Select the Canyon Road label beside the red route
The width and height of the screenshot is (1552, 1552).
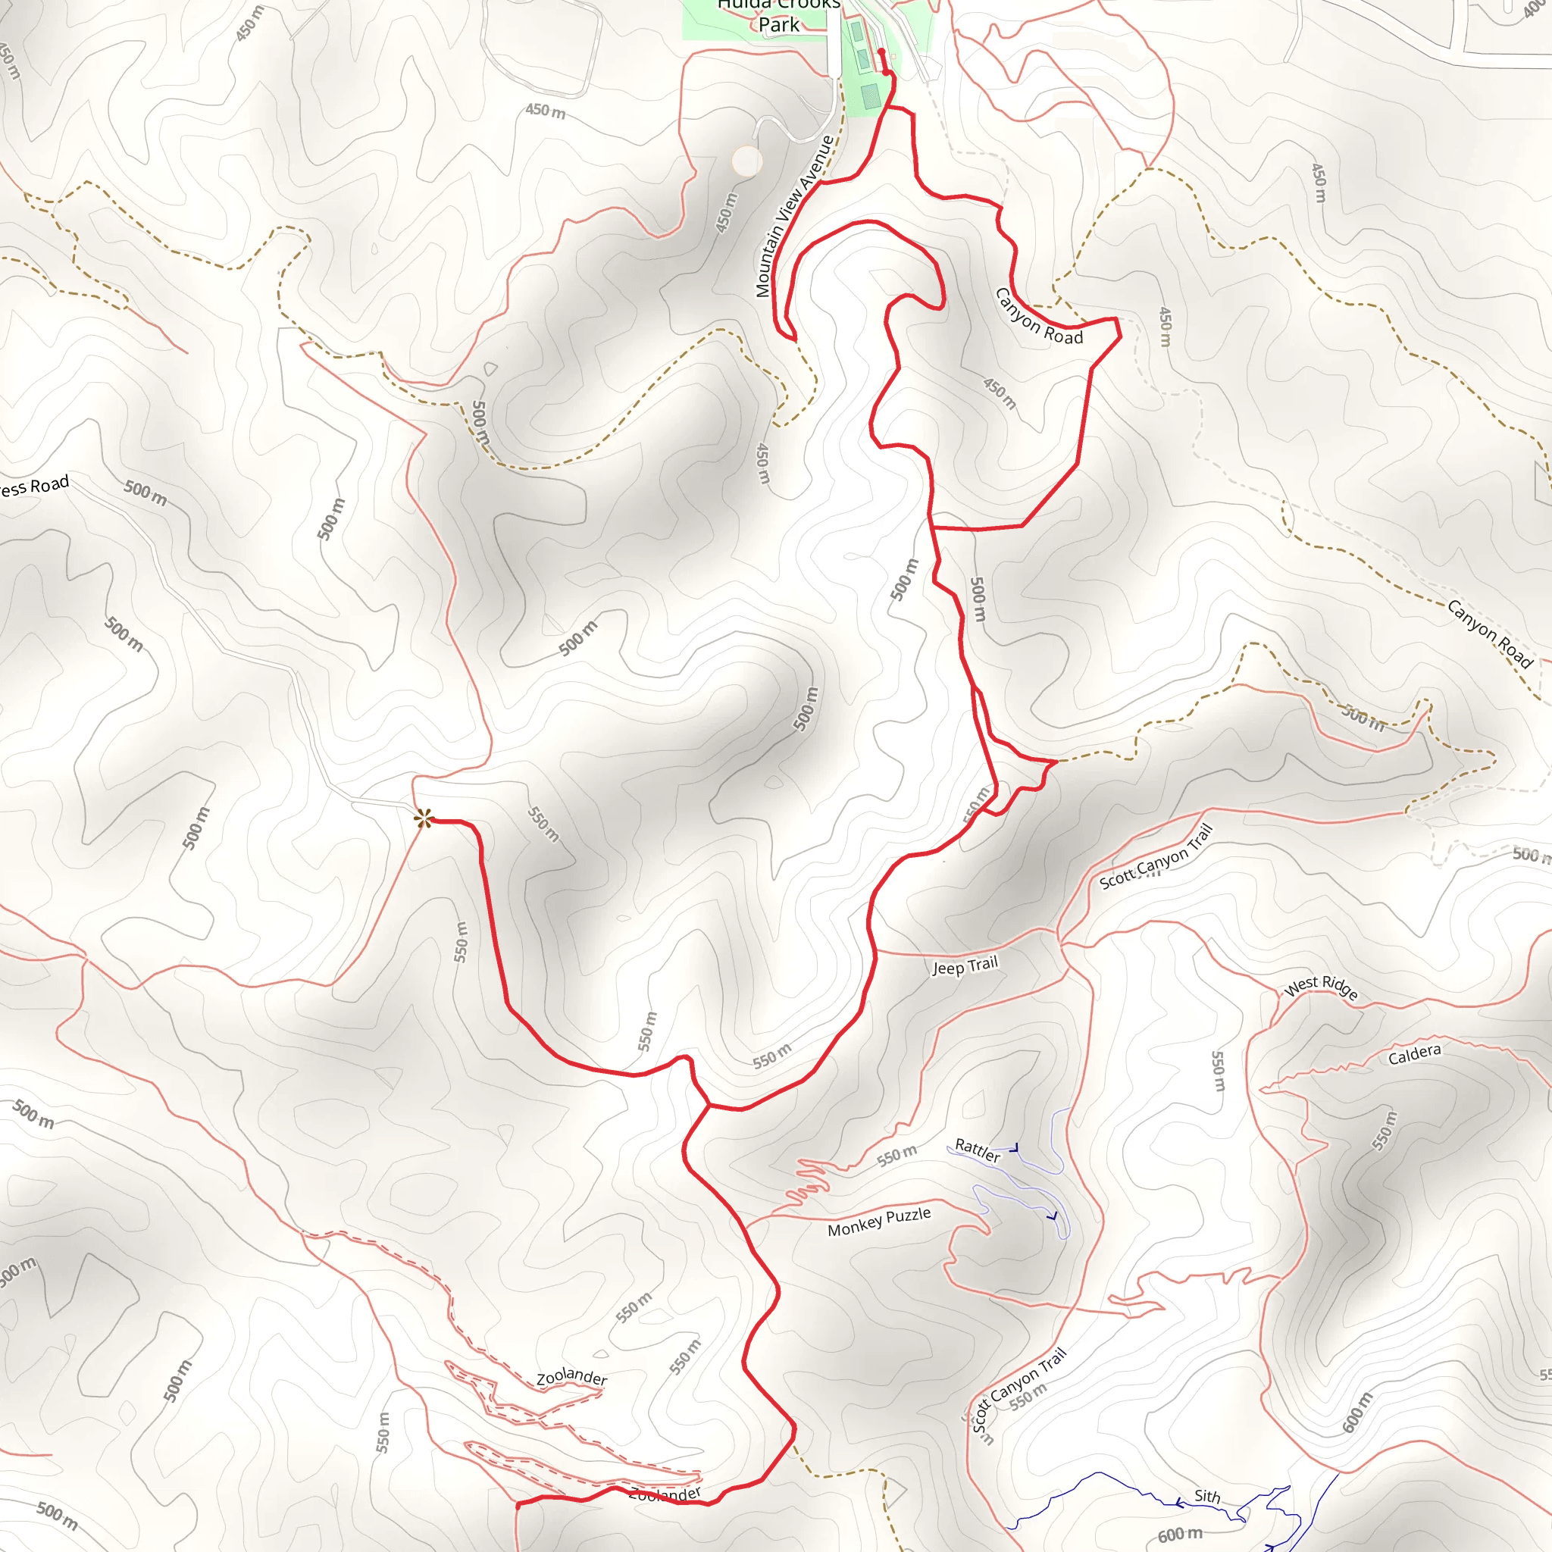click(x=1038, y=318)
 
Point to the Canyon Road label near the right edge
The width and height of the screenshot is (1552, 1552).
click(x=1490, y=633)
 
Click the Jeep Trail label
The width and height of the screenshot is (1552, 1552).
click(x=965, y=965)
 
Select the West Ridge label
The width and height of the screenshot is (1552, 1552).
click(x=1322, y=987)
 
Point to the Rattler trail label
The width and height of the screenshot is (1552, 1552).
click(x=977, y=1150)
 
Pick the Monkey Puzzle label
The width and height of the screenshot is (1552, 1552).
click(x=879, y=1222)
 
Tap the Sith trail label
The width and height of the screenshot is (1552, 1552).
click(x=1206, y=1496)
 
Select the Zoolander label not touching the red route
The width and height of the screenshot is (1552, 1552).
click(x=571, y=1377)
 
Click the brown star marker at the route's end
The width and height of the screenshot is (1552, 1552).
click(x=424, y=818)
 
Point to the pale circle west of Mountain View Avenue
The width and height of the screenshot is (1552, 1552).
click(x=747, y=161)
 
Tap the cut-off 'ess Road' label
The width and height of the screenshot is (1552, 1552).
click(x=34, y=486)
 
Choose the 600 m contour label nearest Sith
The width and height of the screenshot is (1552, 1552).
click(x=1180, y=1535)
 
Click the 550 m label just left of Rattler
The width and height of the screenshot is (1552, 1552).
click(x=896, y=1155)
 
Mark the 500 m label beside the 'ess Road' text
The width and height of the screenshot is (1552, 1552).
click(x=145, y=493)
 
